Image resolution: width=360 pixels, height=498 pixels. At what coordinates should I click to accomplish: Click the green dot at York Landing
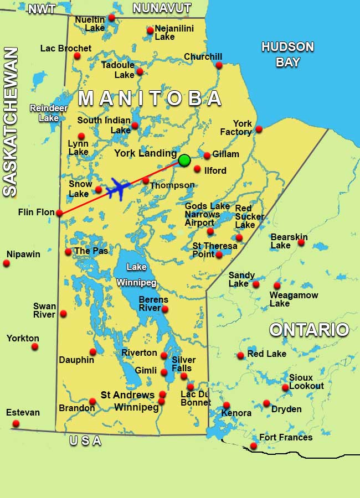[x=184, y=160]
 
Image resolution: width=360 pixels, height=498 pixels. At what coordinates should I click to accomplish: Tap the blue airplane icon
[x=117, y=189]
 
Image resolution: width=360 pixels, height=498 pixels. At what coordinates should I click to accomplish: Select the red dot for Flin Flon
[x=59, y=212]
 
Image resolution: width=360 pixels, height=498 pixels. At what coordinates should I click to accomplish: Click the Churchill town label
[x=203, y=57]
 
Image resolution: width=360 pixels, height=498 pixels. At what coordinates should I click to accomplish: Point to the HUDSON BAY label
[x=287, y=54]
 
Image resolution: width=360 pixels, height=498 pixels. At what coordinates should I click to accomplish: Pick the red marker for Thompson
[x=146, y=180]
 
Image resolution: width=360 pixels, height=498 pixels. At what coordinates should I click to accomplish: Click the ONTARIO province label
[x=309, y=330]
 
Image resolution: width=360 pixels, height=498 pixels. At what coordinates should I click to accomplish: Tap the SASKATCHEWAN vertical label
[x=11, y=122]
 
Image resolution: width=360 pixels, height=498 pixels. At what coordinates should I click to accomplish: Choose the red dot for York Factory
[x=259, y=129]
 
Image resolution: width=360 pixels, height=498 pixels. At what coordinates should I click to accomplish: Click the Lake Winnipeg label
[x=136, y=274]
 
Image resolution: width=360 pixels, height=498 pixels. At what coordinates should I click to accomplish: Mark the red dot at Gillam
[x=207, y=155]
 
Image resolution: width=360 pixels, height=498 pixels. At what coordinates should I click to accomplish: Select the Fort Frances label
[x=286, y=438]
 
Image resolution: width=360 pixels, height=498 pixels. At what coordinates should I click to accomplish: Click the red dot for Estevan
[x=16, y=424]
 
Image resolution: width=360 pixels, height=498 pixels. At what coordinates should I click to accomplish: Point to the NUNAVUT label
[x=162, y=8]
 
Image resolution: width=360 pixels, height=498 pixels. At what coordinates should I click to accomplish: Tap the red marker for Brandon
[x=92, y=402]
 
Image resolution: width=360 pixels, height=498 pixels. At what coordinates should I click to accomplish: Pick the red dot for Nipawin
[x=7, y=263]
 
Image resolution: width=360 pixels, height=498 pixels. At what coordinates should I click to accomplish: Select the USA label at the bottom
[x=85, y=441]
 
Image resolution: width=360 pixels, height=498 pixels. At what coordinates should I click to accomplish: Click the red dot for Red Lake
[x=241, y=355]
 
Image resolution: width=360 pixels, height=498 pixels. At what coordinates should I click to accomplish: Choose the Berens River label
[x=153, y=304]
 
